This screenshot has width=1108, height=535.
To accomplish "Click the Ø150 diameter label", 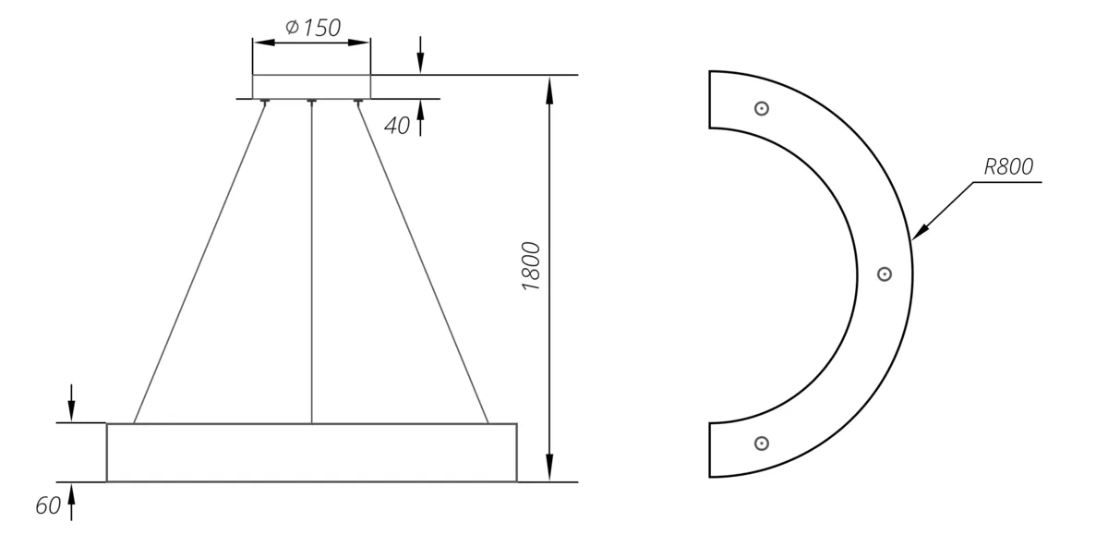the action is pos(313,28).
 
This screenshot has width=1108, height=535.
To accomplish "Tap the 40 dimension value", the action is pos(397,126).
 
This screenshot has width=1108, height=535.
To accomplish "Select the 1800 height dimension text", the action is pos(531,266).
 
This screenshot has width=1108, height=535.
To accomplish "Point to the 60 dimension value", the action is pos(48,505).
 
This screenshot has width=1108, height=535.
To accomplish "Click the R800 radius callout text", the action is pos(1008,166).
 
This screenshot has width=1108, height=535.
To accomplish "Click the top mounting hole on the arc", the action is pos(761,108).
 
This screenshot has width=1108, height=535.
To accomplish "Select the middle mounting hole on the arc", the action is pos(885,274).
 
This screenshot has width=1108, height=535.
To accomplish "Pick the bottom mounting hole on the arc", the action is pos(761,443).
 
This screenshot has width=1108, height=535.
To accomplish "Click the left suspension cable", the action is pos(199,262).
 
